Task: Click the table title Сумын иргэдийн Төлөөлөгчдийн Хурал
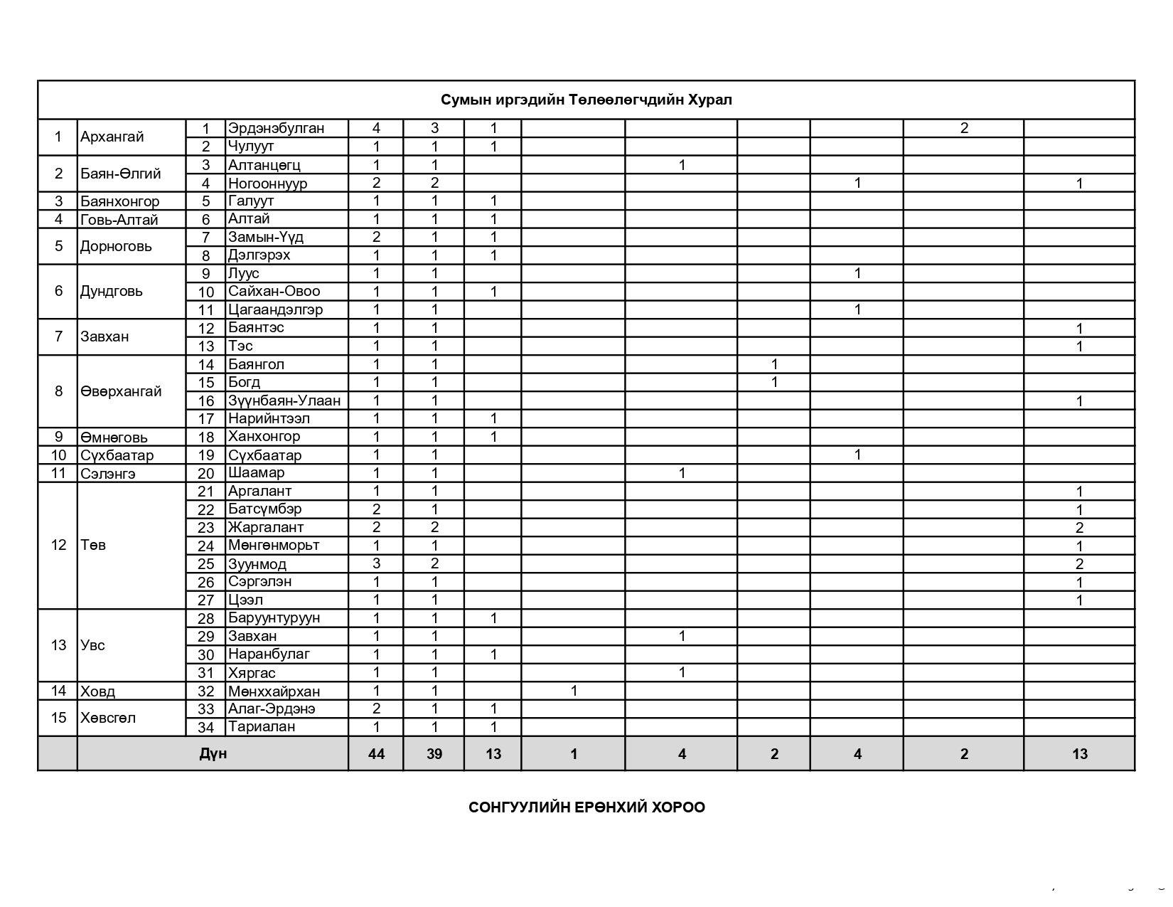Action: pyautogui.click(x=586, y=100)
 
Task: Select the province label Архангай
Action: pyautogui.click(x=112, y=137)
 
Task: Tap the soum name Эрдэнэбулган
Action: pyautogui.click(x=276, y=129)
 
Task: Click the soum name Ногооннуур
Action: pyautogui.click(x=267, y=184)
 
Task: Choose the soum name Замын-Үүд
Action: pyautogui.click(x=266, y=237)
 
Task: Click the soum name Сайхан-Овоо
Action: pyautogui.click(x=274, y=291)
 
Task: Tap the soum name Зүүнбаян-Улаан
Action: pyautogui.click(x=284, y=401)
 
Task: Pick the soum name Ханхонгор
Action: pyautogui.click(x=264, y=436)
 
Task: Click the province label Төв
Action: pyautogui.click(x=93, y=546)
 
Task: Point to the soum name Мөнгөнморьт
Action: pyautogui.click(x=273, y=546)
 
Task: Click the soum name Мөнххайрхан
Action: pyautogui.click(x=274, y=691)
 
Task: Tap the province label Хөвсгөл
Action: pyautogui.click(x=108, y=718)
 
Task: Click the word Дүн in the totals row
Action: pyautogui.click(x=213, y=753)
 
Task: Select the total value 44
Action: pyautogui.click(x=376, y=754)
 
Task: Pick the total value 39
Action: pyautogui.click(x=434, y=754)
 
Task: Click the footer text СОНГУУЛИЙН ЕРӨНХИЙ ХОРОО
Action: pyautogui.click(x=586, y=807)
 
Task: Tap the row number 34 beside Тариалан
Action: pyautogui.click(x=205, y=727)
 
